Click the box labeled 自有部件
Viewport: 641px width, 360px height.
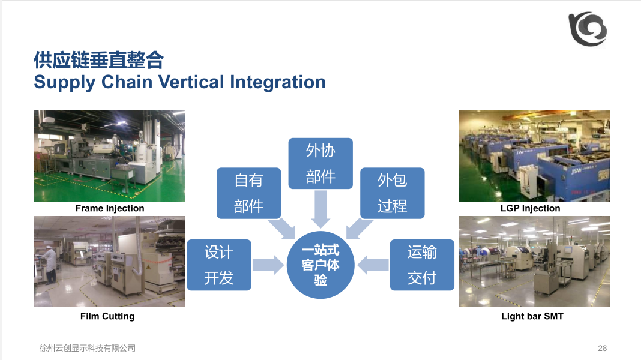(248, 193)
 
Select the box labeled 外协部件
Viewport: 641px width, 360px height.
(320, 163)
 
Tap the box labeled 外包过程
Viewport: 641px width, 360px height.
(392, 193)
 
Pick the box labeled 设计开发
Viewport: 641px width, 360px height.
(219, 265)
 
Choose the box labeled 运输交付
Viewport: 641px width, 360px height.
(422, 265)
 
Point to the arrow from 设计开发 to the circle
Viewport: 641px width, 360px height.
(268, 265)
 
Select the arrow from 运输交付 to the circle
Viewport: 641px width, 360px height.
(373, 265)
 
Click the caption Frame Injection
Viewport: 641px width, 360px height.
(110, 208)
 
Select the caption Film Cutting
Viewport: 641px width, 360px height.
(107, 316)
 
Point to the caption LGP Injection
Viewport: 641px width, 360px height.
(530, 208)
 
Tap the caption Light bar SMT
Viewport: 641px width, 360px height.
(532, 316)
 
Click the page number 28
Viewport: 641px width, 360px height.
(603, 348)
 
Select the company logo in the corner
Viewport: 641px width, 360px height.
(588, 29)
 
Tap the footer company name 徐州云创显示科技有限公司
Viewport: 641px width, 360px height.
(88, 348)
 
